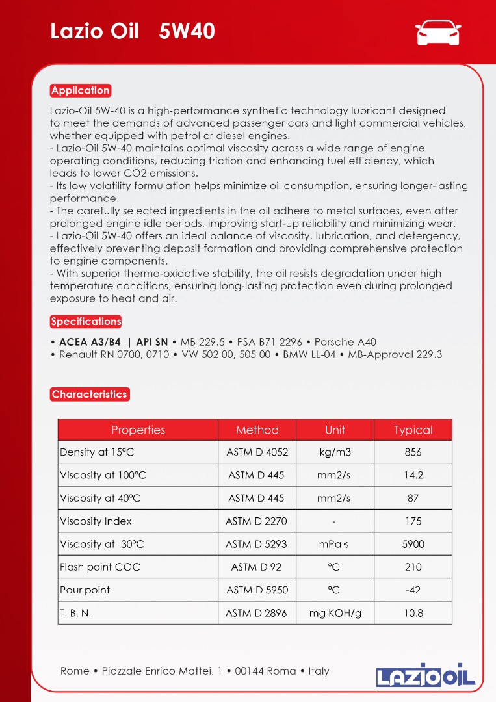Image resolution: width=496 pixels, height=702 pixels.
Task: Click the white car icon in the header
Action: pyautogui.click(x=437, y=32)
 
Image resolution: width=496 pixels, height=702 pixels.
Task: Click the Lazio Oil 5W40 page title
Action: pyautogui.click(x=133, y=31)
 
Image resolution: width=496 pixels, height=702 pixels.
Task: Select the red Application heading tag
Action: pyautogui.click(x=81, y=90)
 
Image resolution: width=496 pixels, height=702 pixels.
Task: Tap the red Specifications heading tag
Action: pyautogui.click(x=86, y=321)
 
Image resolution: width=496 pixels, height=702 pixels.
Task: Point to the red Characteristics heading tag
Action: pyautogui.click(x=90, y=394)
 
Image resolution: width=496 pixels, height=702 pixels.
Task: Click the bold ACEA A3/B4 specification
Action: pyautogui.click(x=90, y=342)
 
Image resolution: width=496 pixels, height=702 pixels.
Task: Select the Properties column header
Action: pyautogui.click(x=138, y=430)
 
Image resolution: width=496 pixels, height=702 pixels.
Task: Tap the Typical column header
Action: pyautogui.click(x=413, y=430)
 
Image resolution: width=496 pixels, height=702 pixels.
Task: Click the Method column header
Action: pyautogui.click(x=257, y=430)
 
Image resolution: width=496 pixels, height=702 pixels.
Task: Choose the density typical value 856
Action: pyautogui.click(x=413, y=452)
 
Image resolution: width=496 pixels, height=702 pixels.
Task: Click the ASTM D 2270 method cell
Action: pyautogui.click(x=256, y=521)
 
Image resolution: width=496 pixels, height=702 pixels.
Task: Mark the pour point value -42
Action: pyautogui.click(x=413, y=590)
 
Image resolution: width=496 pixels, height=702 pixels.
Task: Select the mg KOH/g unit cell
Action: pyautogui.click(x=335, y=613)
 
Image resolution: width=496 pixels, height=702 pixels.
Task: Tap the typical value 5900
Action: pyautogui.click(x=413, y=544)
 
